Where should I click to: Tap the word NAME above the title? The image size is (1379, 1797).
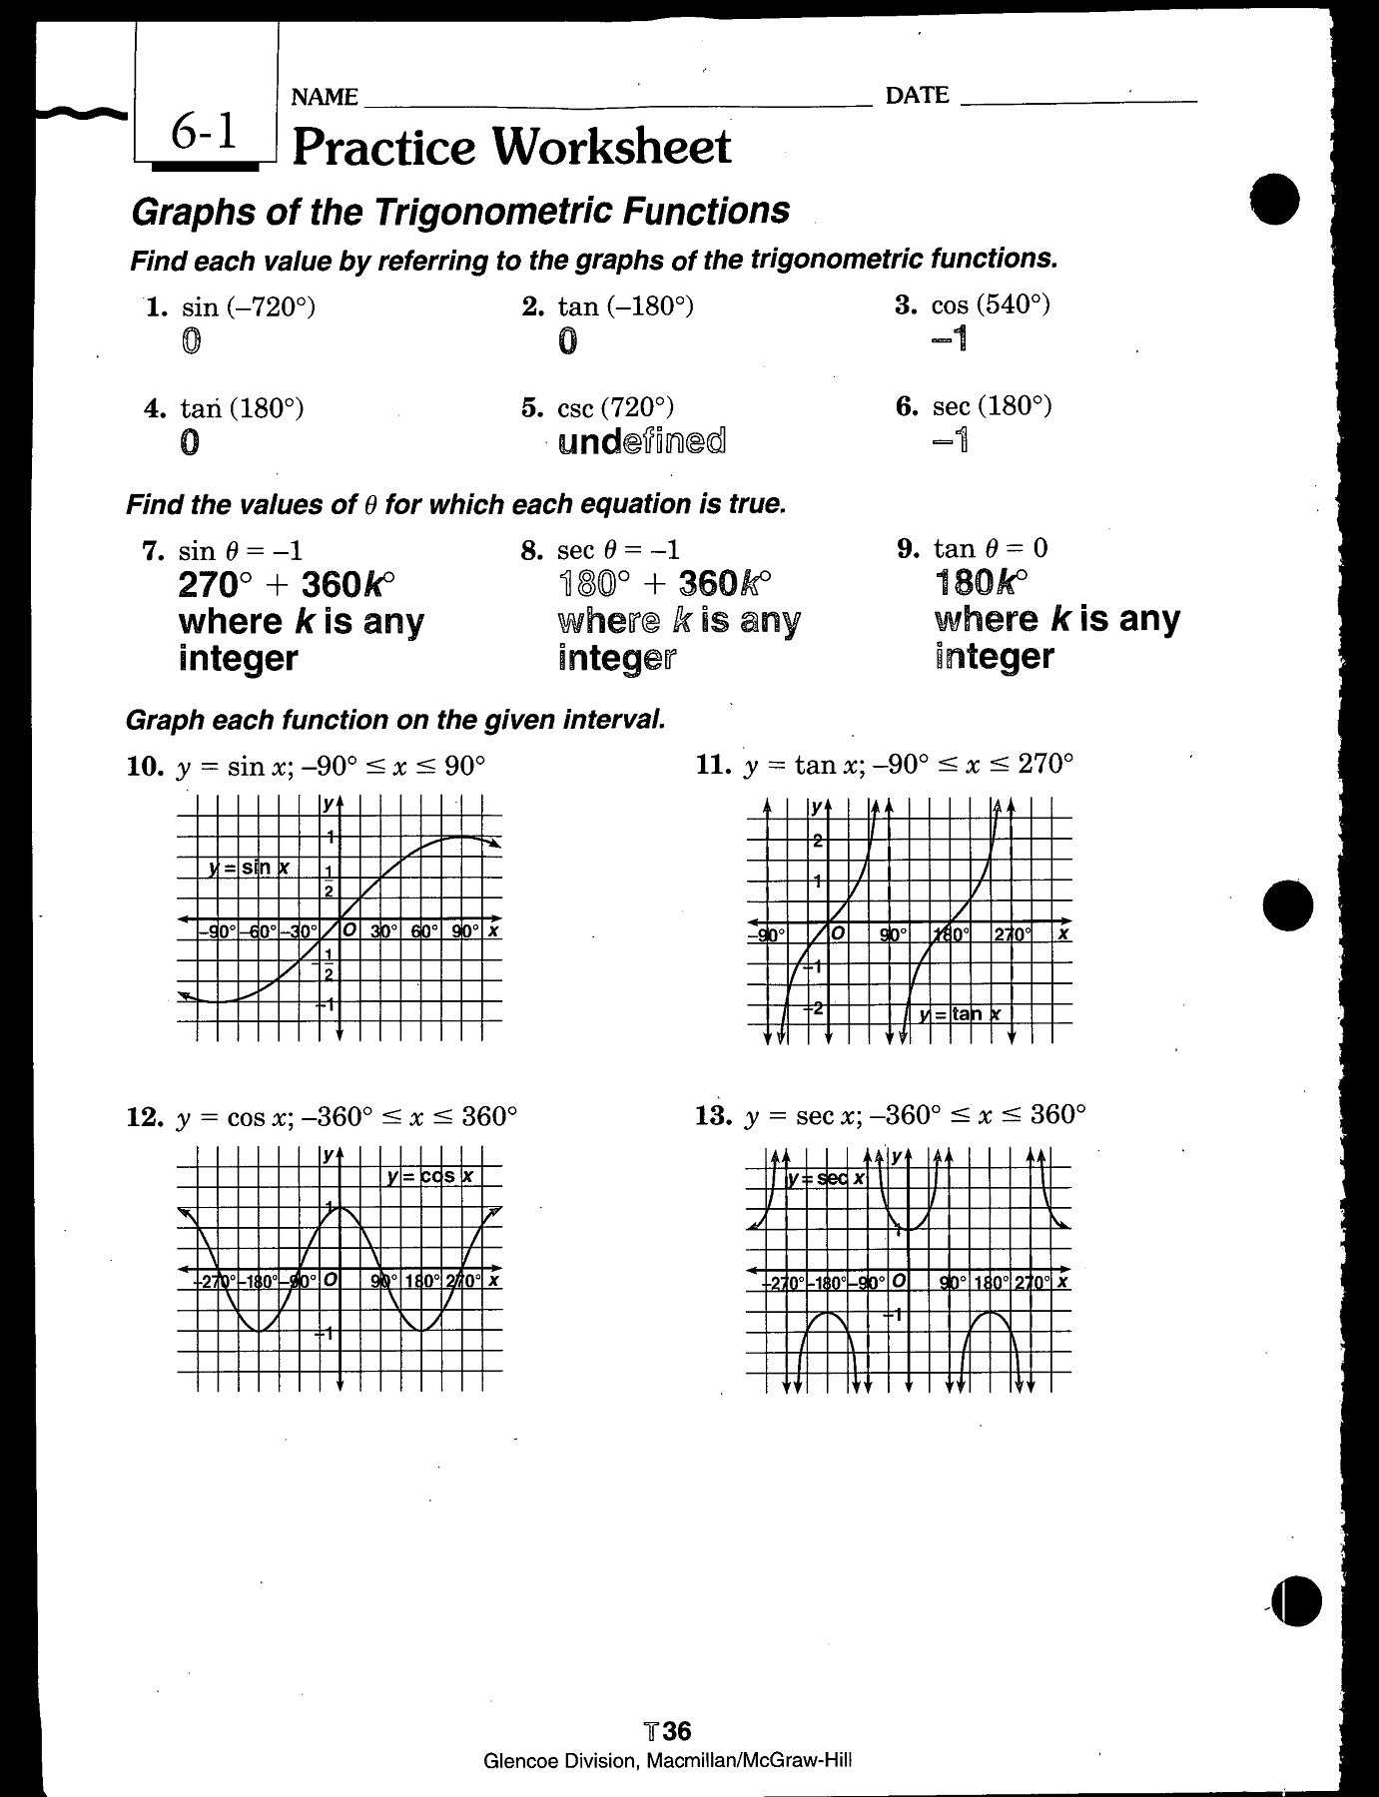pos(325,97)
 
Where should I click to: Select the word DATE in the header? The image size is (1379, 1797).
pos(917,96)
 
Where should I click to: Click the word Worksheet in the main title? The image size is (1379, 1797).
pos(612,147)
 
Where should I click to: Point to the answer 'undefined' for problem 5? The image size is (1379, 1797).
pos(642,441)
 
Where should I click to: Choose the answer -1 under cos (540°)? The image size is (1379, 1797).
pos(950,339)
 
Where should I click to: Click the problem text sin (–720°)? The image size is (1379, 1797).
pos(249,306)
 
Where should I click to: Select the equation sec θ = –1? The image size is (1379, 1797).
pos(618,550)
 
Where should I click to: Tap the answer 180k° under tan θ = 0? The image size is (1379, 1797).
pos(982,581)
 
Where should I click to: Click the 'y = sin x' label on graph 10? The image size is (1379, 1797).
pos(250,868)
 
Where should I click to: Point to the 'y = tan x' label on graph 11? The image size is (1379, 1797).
pos(961,1014)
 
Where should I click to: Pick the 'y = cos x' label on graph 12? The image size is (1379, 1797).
pos(430,1176)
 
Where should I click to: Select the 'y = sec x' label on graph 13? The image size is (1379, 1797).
pos(826,1178)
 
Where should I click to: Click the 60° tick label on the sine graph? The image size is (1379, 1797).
pos(424,931)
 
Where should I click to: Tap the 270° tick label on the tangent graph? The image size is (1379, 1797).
pos(1012,934)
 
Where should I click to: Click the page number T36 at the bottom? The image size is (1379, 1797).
pos(668,1730)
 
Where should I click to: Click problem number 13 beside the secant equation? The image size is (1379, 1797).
pos(714,1115)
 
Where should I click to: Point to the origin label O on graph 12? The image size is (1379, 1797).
pos(330,1280)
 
